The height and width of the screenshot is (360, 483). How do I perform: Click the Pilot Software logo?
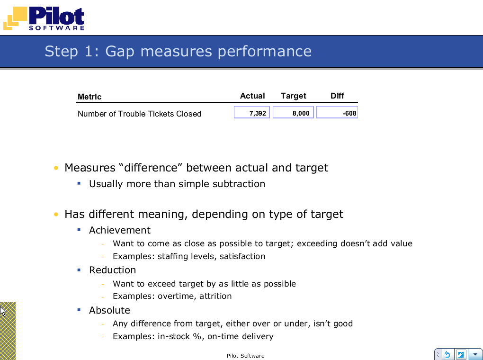point(44,18)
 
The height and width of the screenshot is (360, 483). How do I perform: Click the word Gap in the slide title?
point(120,52)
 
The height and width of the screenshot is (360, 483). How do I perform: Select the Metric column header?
point(89,97)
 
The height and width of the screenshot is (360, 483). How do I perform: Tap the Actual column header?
point(252,96)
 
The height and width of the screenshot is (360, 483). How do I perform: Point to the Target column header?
point(293,96)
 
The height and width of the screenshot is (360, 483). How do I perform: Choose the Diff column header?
point(337,96)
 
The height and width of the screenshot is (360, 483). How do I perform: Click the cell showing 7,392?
point(252,113)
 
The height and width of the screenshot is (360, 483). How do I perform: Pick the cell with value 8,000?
point(293,113)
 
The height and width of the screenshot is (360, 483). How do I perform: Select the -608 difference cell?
point(337,113)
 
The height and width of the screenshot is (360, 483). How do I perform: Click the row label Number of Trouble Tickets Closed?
point(139,114)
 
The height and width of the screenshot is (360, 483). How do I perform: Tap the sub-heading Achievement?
point(119,230)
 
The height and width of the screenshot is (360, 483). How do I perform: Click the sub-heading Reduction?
point(112,270)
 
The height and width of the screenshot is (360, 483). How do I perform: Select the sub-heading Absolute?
point(109,310)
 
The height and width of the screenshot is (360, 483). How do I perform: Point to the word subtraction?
point(239,184)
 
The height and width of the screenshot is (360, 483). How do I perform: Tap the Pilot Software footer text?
point(245,356)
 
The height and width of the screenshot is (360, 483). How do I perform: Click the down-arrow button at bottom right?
point(475,354)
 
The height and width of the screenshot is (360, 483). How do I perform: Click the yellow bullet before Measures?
point(56,168)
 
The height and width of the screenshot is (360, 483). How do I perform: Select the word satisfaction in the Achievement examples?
point(242,256)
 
